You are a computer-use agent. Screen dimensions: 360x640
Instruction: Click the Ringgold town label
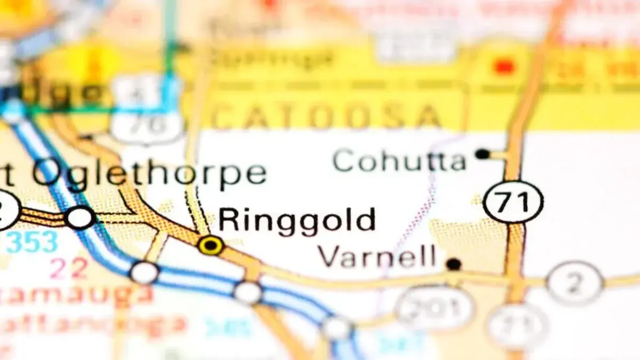pos(297,220)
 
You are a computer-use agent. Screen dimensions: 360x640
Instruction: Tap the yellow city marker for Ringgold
pos(211,245)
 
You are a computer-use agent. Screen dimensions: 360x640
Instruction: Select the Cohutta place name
pos(399,160)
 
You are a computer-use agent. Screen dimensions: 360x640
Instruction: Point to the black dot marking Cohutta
pos(483,154)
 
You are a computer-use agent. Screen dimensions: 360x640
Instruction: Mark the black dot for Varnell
pos(454,263)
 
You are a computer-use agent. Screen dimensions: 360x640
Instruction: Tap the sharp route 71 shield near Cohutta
pos(513,202)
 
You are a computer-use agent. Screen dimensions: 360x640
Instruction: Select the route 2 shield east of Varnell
pos(574,283)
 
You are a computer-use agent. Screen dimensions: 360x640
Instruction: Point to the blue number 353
pos(32,242)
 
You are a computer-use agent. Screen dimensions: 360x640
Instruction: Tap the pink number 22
pos(69,268)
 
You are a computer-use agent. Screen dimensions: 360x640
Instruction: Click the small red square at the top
pos(503,67)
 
